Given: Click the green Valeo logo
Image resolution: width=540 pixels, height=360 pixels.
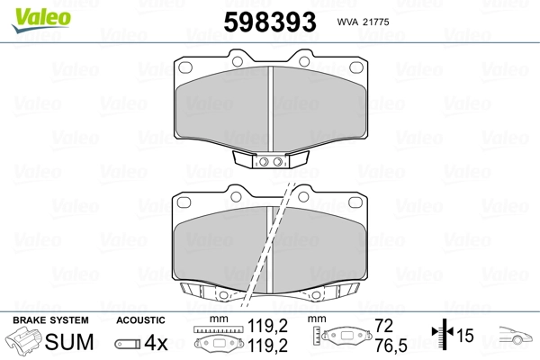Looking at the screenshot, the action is coord(41,20).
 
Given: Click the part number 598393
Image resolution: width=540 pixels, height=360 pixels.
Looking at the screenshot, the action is coord(270,22).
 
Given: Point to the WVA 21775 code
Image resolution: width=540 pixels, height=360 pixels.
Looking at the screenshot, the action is coord(363,22).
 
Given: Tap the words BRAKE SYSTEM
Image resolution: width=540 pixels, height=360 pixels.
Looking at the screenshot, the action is coord(50,320).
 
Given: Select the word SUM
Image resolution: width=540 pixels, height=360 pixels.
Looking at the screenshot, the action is coord(69,342).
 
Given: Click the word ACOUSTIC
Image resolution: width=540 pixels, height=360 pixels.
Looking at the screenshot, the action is coord(140,320).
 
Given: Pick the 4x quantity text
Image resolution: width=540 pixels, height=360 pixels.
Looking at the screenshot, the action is coord(156,343).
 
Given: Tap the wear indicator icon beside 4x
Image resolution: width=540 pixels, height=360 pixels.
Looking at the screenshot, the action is coord(128,344).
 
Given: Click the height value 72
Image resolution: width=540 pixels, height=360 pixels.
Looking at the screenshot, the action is coord(384,326).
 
